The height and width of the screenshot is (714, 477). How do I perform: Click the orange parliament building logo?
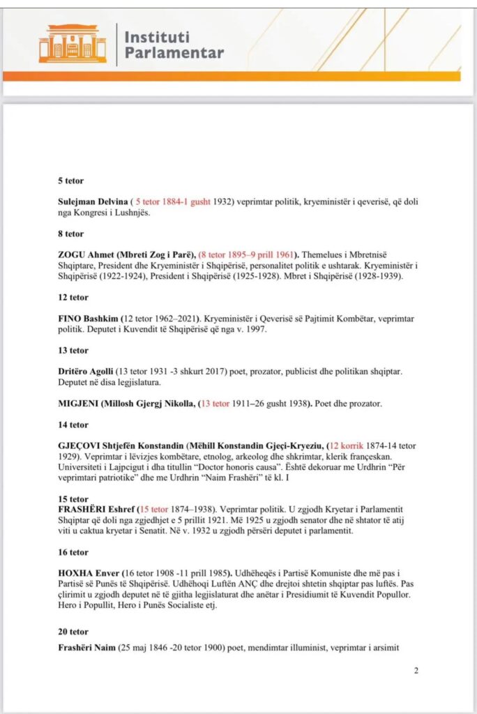coord(72,45)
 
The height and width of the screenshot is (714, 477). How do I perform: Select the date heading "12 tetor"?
coord(73,297)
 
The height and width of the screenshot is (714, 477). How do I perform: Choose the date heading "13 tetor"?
coord(73,350)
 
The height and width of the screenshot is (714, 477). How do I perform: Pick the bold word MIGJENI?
coord(81,403)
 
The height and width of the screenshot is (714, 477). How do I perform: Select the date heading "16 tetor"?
coord(73,552)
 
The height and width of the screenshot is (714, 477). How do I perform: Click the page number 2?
coord(416,671)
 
